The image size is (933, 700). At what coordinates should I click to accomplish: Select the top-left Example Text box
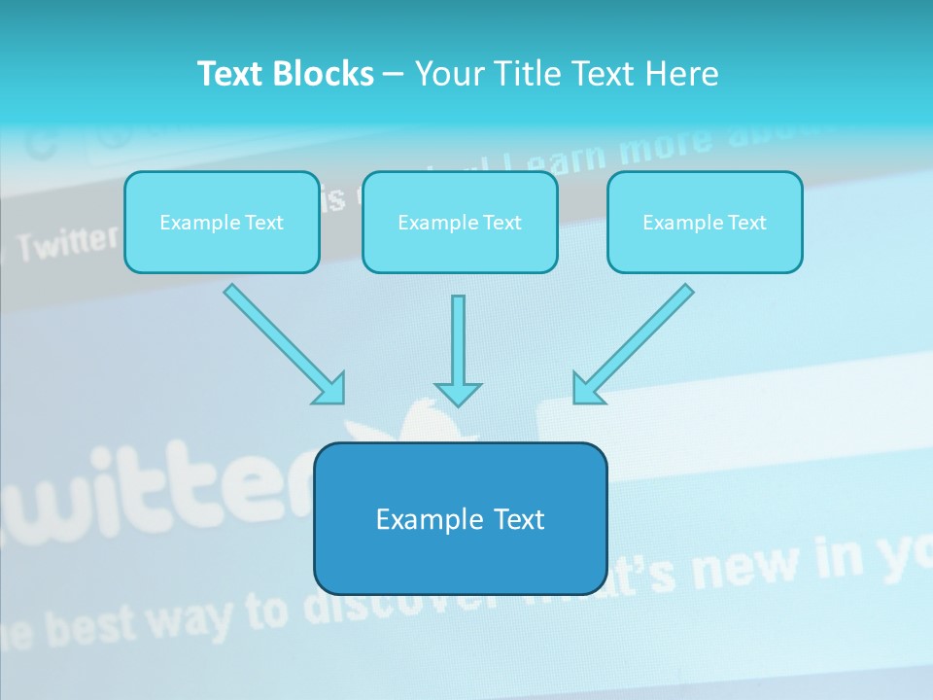tap(222, 223)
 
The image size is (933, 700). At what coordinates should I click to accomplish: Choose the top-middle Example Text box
tap(460, 223)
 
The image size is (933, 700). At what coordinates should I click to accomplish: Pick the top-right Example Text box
tap(705, 223)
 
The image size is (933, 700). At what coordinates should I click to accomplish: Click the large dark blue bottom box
tap(461, 519)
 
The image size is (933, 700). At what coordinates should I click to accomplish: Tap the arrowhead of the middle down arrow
tap(458, 394)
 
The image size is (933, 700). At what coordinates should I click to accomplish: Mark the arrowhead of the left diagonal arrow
tap(330, 389)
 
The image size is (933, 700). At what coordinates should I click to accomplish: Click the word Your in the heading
tap(447, 74)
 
